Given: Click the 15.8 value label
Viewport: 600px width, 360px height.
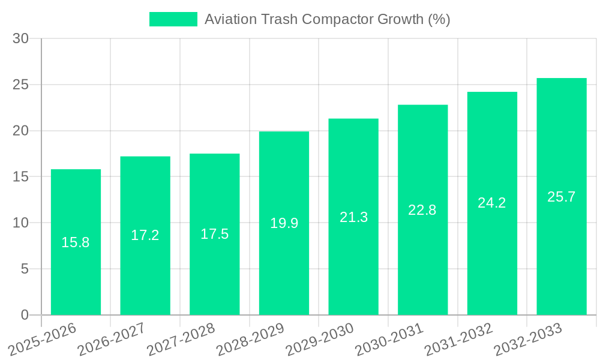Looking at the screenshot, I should click(x=76, y=242).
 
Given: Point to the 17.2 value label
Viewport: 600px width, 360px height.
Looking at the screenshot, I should click(x=145, y=235).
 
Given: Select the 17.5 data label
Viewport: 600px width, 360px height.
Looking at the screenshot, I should click(x=215, y=234).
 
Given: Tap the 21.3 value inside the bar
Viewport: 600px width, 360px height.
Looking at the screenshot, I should click(x=353, y=217).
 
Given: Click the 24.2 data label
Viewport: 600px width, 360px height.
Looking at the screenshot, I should click(x=492, y=203).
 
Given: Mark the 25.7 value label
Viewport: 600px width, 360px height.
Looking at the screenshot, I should click(x=562, y=196).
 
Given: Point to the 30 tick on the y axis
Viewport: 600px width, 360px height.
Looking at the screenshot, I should click(x=20, y=38).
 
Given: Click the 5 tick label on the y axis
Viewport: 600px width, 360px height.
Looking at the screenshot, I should click(x=25, y=269).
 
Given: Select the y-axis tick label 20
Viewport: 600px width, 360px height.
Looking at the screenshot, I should click(x=20, y=131).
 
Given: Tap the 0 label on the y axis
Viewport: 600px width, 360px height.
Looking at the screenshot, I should click(x=25, y=315).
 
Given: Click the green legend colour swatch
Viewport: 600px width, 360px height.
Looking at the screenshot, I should click(x=173, y=19).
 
